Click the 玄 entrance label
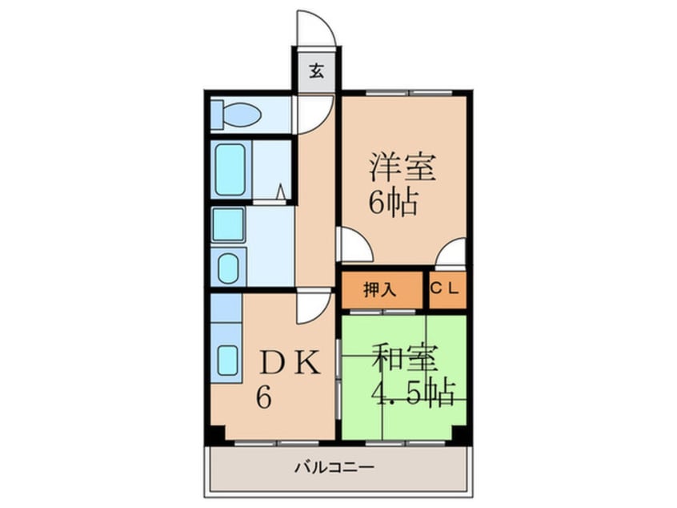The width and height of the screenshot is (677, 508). [x=316, y=71]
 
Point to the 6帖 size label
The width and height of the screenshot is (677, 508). [x=392, y=202]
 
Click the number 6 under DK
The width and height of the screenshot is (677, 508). [x=262, y=398]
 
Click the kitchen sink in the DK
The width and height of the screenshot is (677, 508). [x=229, y=359]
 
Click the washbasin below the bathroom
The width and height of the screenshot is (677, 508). [x=229, y=268]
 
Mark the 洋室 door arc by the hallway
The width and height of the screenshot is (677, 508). [x=355, y=245]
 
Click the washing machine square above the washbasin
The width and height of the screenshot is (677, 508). [x=228, y=224]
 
